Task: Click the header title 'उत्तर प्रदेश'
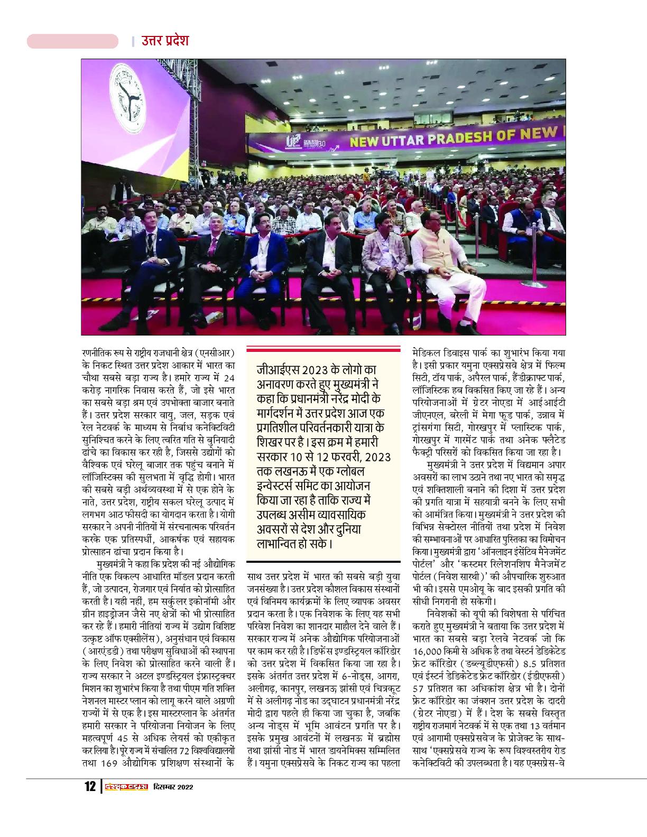pos(165,41)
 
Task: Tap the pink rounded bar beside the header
pos(72,41)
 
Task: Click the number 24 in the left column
pos(228,378)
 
